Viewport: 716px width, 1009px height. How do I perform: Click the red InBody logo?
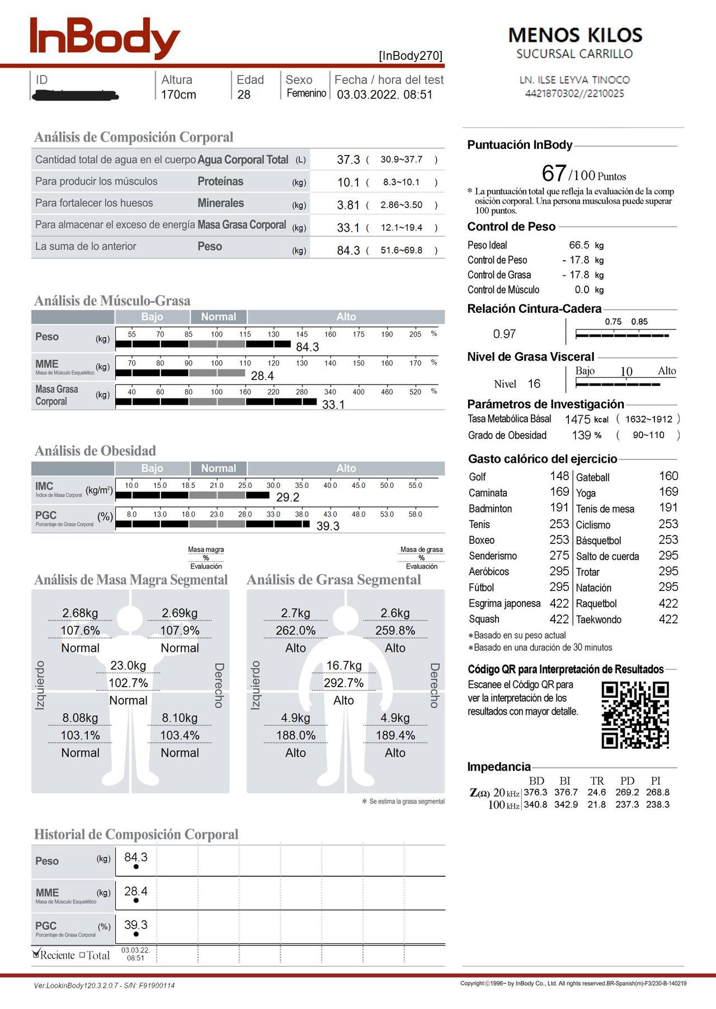105,37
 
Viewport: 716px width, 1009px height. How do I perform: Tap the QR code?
635,715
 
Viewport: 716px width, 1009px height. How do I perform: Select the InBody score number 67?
554,173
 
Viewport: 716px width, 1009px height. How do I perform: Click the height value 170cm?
178,95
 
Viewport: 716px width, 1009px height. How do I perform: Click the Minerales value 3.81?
348,205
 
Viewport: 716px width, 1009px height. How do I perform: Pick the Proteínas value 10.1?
348,182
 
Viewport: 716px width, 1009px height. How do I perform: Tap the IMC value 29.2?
288,498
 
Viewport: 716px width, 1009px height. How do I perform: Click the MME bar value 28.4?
262,376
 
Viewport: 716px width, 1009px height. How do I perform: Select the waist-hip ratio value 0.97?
504,334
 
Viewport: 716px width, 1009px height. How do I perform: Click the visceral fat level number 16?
534,384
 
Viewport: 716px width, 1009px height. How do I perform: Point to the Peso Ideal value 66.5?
579,245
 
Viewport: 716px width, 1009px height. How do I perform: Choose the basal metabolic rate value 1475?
577,420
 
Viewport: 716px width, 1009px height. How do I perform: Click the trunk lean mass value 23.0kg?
128,665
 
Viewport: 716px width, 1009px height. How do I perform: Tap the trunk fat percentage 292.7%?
343,683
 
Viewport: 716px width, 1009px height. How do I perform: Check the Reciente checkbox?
37,954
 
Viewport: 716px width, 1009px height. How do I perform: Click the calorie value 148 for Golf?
559,476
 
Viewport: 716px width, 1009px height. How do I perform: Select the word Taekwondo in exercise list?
599,620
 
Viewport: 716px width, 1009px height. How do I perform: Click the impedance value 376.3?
535,792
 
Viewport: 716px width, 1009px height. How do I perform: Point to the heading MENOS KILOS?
575,36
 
